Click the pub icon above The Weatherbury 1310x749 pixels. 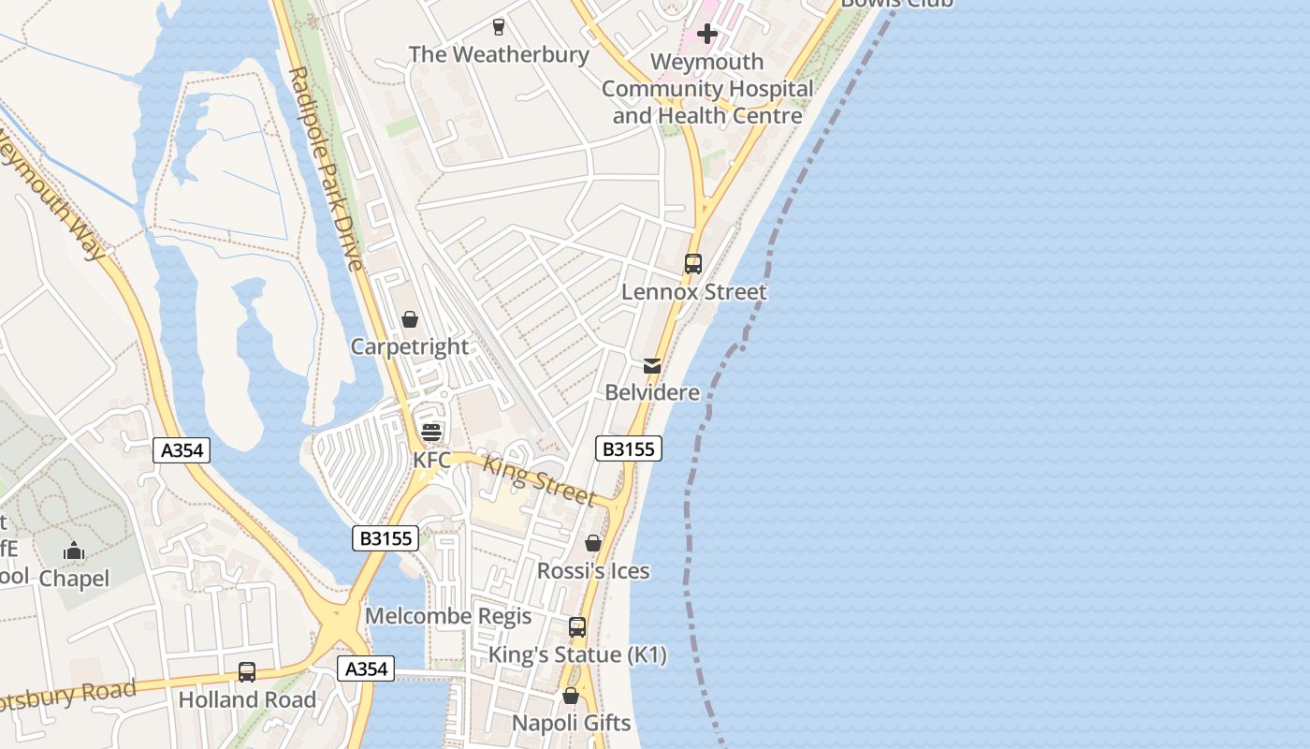tap(498, 26)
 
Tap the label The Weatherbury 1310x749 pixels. tap(499, 54)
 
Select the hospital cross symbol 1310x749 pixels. tap(707, 35)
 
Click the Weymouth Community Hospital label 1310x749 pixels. tap(707, 89)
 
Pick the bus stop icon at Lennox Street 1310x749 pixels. tap(692, 264)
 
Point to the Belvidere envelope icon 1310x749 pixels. tap(652, 365)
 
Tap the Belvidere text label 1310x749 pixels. tap(652, 392)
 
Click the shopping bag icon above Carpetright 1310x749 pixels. tap(410, 319)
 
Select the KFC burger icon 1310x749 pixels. tap(431, 433)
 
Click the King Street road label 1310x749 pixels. tap(539, 479)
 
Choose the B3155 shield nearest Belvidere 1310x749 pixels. tap(628, 449)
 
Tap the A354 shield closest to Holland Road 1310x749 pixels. tap(365, 668)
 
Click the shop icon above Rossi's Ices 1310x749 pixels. tap(593, 543)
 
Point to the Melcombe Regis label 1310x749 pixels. tap(448, 616)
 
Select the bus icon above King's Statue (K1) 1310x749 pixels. tap(577, 627)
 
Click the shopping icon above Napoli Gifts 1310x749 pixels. tap(571, 696)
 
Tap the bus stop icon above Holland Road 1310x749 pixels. tap(247, 672)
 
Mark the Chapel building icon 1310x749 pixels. tap(74, 551)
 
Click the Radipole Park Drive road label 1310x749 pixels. tap(325, 169)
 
